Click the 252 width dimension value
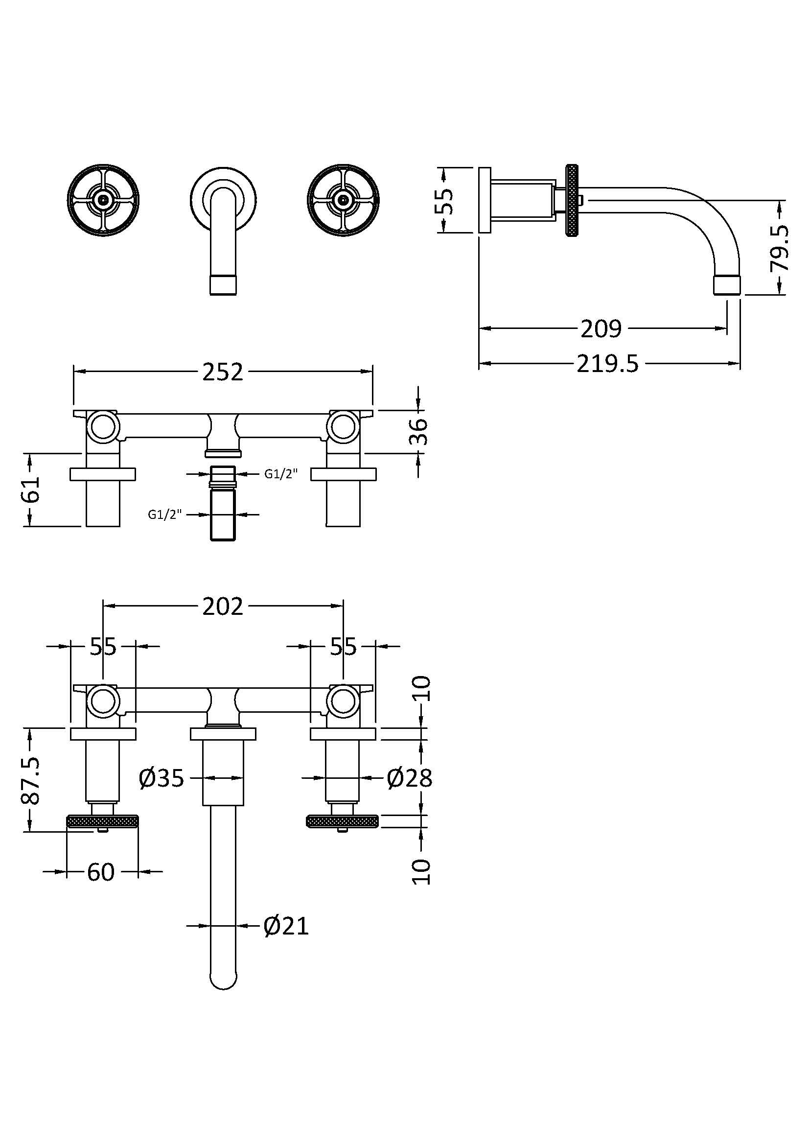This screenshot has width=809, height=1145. [222, 372]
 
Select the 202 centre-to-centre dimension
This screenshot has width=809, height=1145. [222, 607]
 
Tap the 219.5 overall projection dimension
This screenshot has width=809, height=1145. [608, 364]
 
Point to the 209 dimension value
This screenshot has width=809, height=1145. [601, 328]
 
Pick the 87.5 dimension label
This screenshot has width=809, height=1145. [31, 781]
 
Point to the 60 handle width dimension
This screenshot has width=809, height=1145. [101, 872]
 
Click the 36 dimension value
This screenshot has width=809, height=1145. [419, 431]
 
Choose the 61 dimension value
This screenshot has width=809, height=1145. [31, 489]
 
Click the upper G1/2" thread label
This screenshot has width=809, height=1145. [280, 474]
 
